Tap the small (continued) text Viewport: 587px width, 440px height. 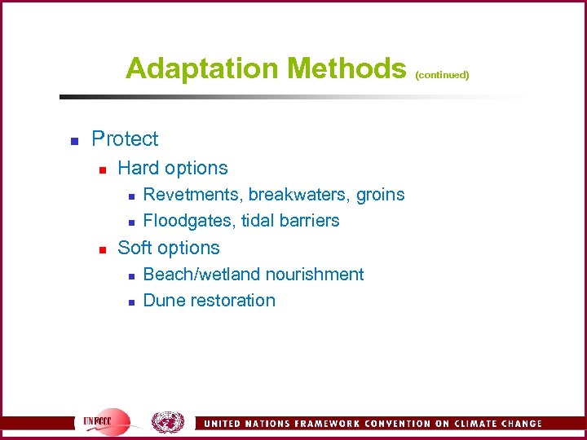pyautogui.click(x=442, y=75)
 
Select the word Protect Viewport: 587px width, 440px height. pyautogui.click(x=125, y=139)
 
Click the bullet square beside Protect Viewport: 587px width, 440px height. pyautogui.click(x=73, y=140)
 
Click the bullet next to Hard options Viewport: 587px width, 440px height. pyautogui.click(x=103, y=169)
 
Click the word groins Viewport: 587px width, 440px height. pyautogui.click(x=381, y=195)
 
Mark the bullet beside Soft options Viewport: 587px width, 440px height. pyautogui.click(x=103, y=249)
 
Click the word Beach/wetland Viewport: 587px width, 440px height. pyautogui.click(x=201, y=275)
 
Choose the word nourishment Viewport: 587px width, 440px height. pyautogui.click(x=315, y=275)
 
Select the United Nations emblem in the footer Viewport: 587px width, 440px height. pyautogui.click(x=167, y=421)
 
